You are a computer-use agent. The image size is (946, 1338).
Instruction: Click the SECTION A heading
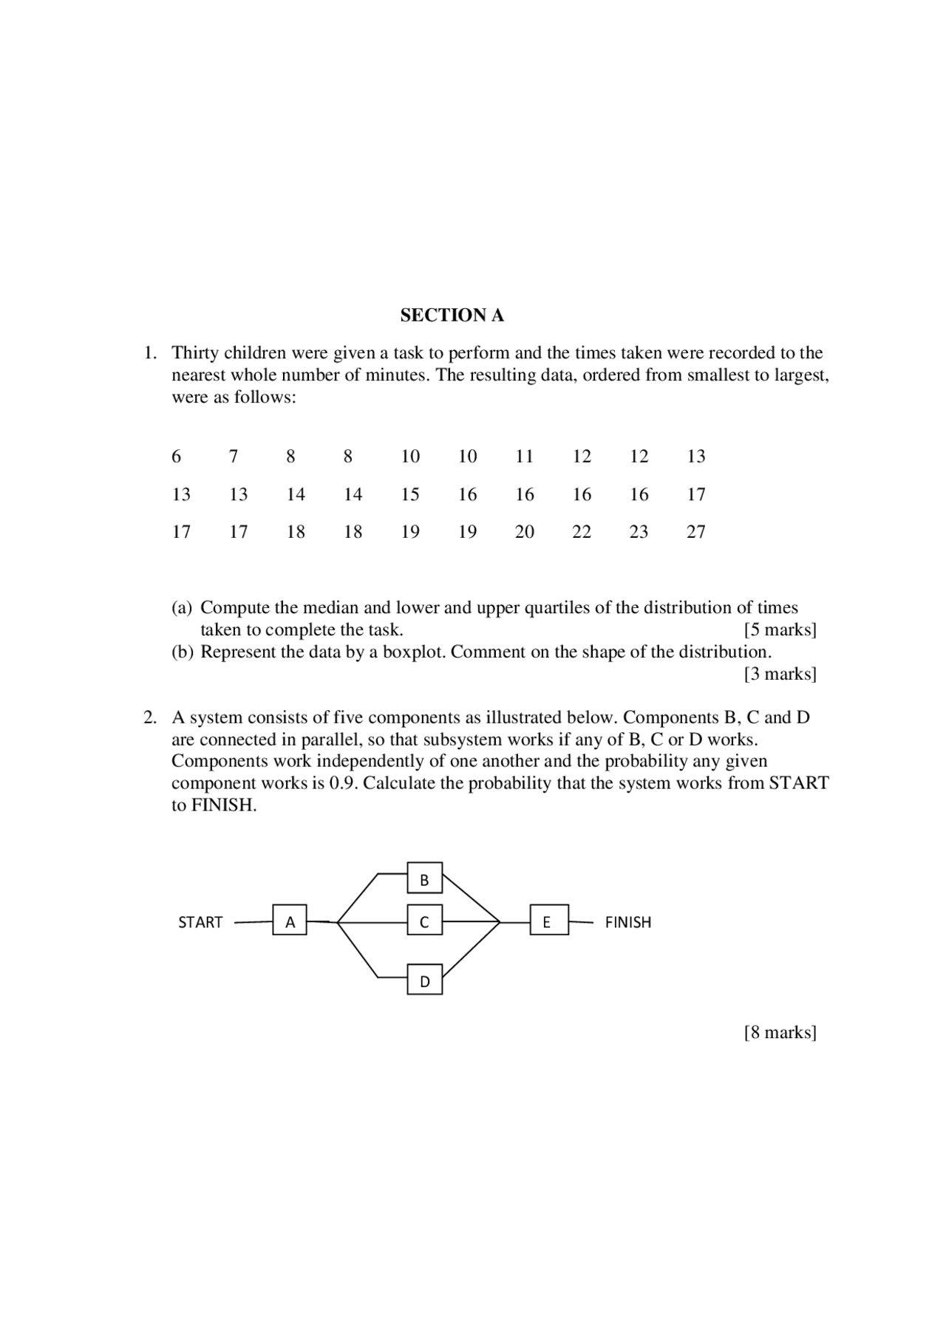coord(452,315)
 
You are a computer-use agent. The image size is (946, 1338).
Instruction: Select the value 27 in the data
coord(695,532)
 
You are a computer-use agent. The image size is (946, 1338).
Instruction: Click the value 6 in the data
coord(176,457)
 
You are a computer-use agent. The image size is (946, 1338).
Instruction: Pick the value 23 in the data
coord(639,532)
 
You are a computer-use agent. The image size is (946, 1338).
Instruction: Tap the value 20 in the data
coord(524,532)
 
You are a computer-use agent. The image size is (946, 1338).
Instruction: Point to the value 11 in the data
coord(524,457)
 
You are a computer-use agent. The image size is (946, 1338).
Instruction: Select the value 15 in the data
coord(410,494)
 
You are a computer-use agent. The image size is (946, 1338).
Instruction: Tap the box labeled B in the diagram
coord(424,878)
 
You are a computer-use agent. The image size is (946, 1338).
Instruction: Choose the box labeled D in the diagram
coord(424,980)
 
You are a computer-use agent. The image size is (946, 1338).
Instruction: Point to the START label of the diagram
coord(200,922)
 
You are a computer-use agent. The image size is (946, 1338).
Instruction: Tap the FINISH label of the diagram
coord(628,922)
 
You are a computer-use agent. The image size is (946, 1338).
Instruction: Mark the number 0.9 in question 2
coord(343,783)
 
